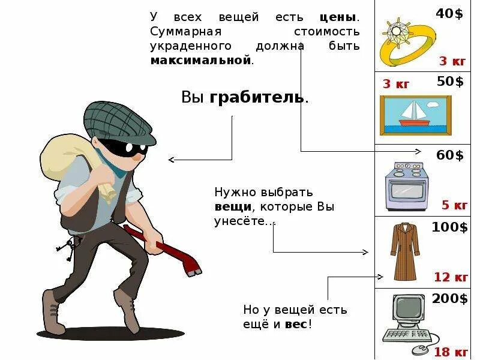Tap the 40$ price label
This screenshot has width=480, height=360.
pyautogui.click(x=450, y=13)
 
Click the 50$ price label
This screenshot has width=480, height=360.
pyautogui.click(x=450, y=82)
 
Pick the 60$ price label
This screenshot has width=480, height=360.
pyautogui.click(x=450, y=155)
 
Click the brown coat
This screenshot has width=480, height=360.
pyautogui.click(x=405, y=252)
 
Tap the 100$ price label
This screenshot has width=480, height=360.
pyautogui.click(x=449, y=227)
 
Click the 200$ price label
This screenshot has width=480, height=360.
pyautogui.click(x=449, y=299)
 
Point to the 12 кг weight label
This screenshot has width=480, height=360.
pyautogui.click(x=451, y=277)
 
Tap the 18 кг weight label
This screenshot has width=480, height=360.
pyautogui.click(x=451, y=351)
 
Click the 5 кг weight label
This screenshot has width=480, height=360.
pyautogui.click(x=454, y=205)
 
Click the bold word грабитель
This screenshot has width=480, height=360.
pyautogui.click(x=258, y=98)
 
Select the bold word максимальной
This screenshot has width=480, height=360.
pyautogui.click(x=200, y=61)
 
